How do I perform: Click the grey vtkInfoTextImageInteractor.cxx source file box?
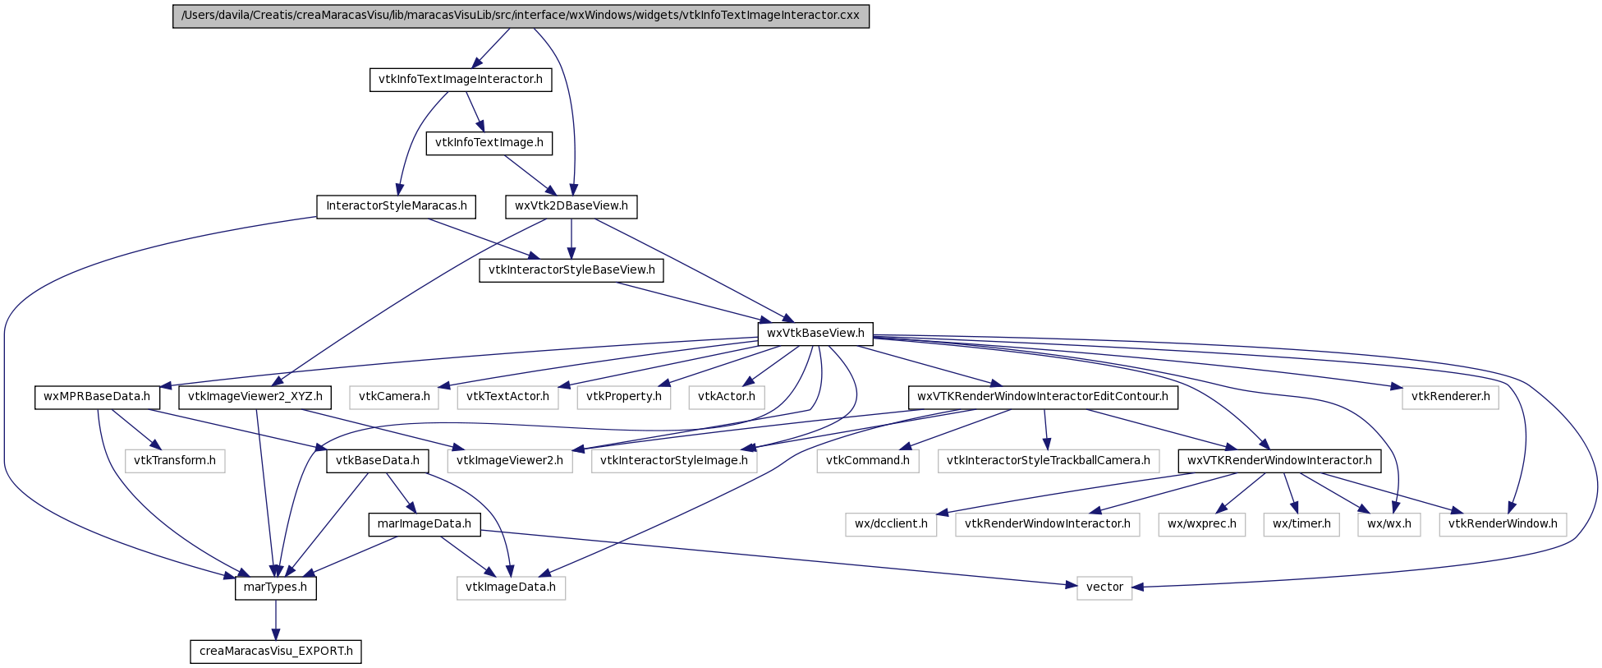521,16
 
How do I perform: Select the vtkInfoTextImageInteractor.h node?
461,80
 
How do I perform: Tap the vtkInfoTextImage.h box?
489,143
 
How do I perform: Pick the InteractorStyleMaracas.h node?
397,206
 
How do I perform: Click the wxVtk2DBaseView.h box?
571,206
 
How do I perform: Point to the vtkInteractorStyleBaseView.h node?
571,270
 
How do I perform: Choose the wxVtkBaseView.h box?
815,334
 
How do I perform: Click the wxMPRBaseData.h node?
97,398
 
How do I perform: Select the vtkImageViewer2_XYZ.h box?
255,398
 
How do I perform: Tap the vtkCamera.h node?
394,398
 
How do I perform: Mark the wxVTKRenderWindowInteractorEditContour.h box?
1043,398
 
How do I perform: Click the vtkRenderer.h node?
1451,398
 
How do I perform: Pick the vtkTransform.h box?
175,461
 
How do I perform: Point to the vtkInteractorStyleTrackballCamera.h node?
1049,461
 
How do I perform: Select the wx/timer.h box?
1301,524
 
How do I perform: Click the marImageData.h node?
425,524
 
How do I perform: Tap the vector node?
1104,587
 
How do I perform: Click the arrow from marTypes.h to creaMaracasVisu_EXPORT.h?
276,620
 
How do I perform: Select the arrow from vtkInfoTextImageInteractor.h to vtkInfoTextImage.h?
475,112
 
